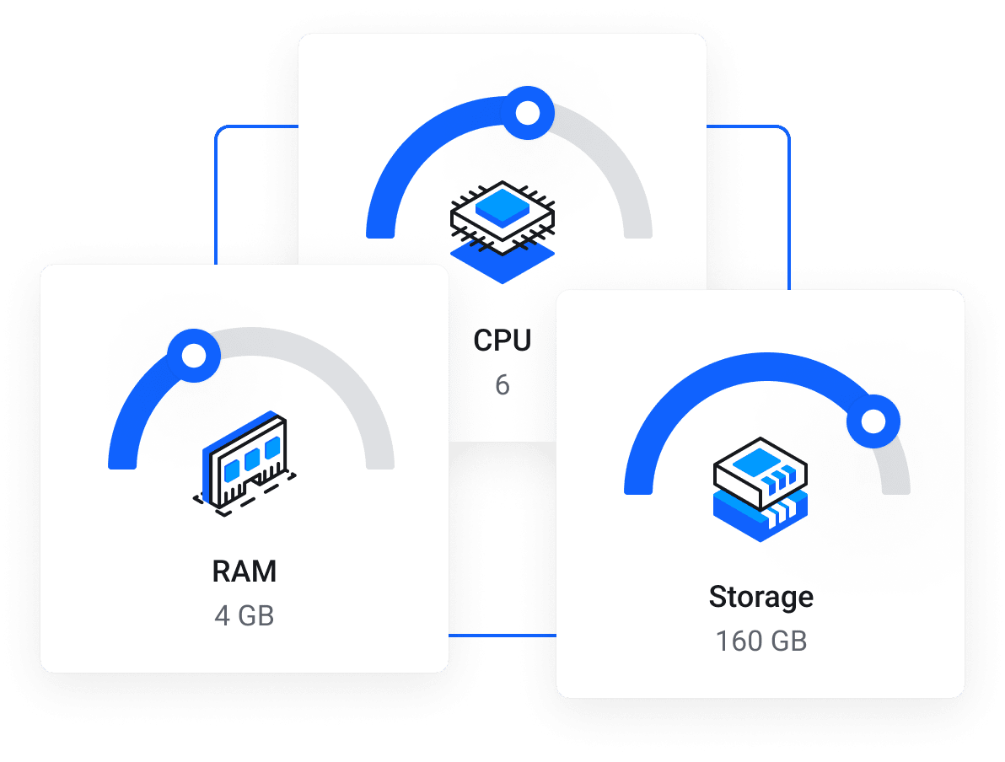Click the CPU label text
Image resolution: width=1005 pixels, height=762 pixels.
point(502,341)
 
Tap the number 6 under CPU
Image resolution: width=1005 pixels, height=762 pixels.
point(502,385)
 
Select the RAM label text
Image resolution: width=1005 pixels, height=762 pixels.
point(245,571)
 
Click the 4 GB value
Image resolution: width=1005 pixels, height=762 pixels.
point(245,615)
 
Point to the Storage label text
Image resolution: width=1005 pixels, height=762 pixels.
point(761,597)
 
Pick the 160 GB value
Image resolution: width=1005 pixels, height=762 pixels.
point(761,641)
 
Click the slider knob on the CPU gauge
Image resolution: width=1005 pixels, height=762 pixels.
point(528,112)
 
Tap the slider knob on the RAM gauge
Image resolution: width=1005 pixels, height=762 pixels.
point(194,355)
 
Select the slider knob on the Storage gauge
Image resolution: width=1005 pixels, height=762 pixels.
point(873,421)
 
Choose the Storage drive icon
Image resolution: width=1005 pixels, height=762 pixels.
point(760,489)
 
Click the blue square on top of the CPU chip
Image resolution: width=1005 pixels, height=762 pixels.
point(503,205)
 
